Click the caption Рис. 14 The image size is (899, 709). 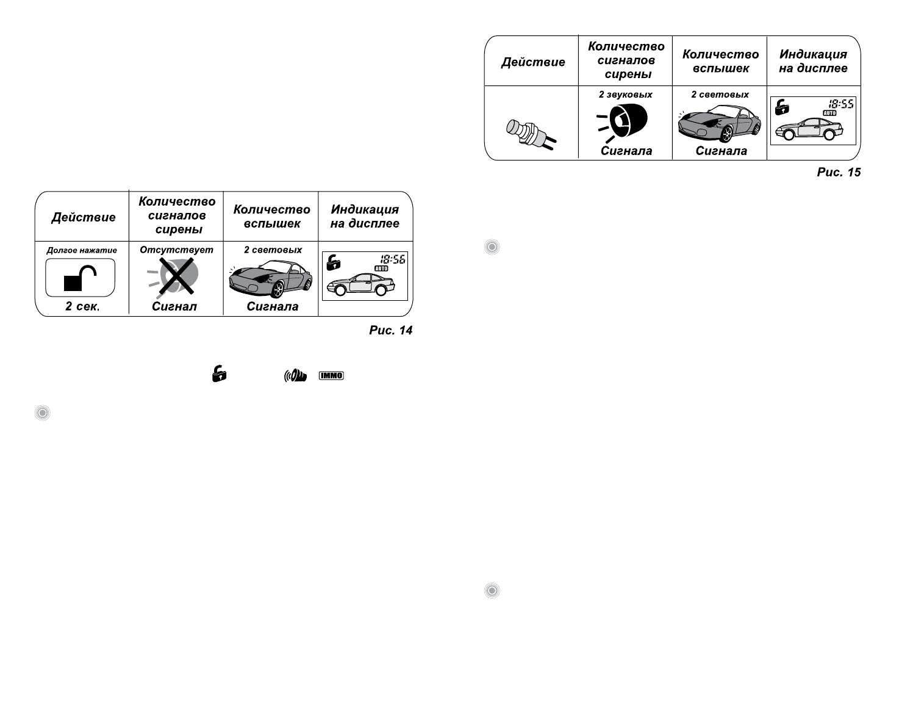(390, 330)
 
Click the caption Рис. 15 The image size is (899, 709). (839, 172)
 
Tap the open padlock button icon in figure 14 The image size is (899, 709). (81, 278)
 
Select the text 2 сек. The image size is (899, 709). (82, 306)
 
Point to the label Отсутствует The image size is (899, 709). (176, 250)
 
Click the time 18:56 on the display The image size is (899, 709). (393, 259)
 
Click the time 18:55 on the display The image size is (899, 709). (840, 104)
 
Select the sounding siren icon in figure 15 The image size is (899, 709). (625, 123)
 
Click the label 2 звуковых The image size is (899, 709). (625, 95)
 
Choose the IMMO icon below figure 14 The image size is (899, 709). (331, 376)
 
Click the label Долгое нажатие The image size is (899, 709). (82, 250)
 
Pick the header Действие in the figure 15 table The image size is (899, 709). (533, 62)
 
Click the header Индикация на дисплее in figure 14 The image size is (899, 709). (365, 217)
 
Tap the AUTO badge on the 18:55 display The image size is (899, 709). (829, 113)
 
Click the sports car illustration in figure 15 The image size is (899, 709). (719, 124)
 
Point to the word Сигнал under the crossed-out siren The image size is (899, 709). (174, 306)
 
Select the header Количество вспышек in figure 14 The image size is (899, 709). (271, 217)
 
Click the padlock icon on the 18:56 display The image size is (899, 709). (333, 262)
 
